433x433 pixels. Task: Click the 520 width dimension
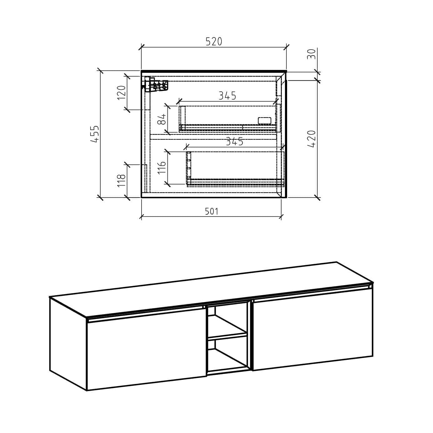[x=214, y=42]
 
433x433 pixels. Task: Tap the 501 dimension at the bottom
[x=212, y=211]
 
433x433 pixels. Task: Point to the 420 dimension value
[x=311, y=139]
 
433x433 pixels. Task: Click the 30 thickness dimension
[x=311, y=54]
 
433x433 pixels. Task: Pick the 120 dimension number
[x=121, y=93]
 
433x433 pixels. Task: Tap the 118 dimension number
[x=121, y=180]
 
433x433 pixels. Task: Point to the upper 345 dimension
[x=227, y=96]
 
